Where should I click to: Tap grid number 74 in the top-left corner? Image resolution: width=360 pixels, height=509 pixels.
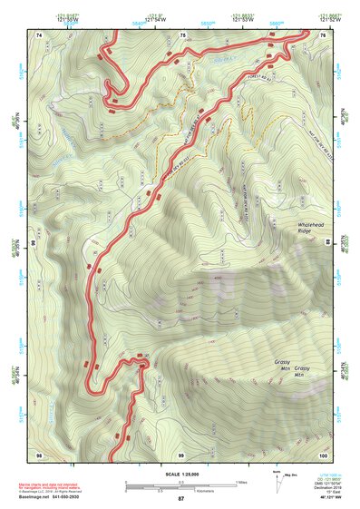click(x=39, y=34)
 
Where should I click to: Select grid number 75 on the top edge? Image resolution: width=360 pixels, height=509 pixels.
click(x=183, y=34)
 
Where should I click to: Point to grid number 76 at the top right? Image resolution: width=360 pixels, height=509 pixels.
click(x=324, y=34)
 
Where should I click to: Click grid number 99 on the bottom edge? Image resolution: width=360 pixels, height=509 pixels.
click(x=180, y=454)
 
